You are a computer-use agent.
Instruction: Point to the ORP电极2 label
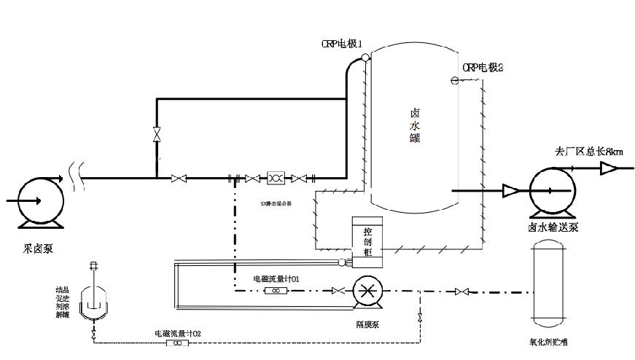point(483,67)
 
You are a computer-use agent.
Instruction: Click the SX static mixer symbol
point(276,178)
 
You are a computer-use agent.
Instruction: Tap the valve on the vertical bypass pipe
point(156,135)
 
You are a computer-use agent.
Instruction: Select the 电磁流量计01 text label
point(276,278)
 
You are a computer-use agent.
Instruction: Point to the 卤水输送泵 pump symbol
point(550,192)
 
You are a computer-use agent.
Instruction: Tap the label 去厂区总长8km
point(590,152)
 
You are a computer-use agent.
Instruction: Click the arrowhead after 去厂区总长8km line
point(608,168)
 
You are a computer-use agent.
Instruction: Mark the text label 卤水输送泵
point(552,227)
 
